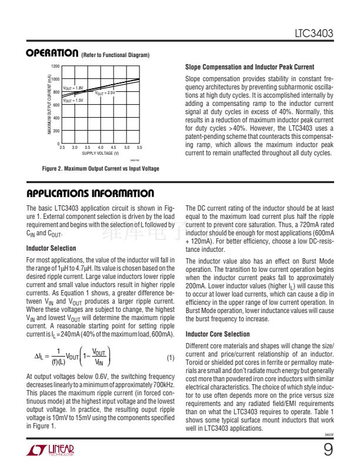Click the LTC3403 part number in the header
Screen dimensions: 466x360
[x=314, y=35]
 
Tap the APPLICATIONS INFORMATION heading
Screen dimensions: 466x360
[x=90, y=194]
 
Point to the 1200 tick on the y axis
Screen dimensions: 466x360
[x=55, y=66]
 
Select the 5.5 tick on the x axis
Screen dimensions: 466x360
[x=139, y=148]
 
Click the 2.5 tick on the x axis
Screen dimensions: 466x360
[x=62, y=148]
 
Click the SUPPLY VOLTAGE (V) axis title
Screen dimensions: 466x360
[x=100, y=153]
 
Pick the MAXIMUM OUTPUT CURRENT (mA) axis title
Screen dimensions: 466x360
[x=49, y=105]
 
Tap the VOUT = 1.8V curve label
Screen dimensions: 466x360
[x=74, y=88]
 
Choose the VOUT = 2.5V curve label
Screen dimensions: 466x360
[x=105, y=93]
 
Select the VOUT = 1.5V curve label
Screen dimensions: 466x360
[x=73, y=101]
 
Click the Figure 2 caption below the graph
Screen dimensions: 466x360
[x=101, y=169]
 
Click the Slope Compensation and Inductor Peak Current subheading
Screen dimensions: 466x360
[x=249, y=67]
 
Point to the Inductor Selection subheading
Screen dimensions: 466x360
[x=51, y=248]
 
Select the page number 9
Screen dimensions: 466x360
[x=328, y=450]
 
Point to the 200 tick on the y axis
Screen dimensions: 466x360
[x=56, y=131]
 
